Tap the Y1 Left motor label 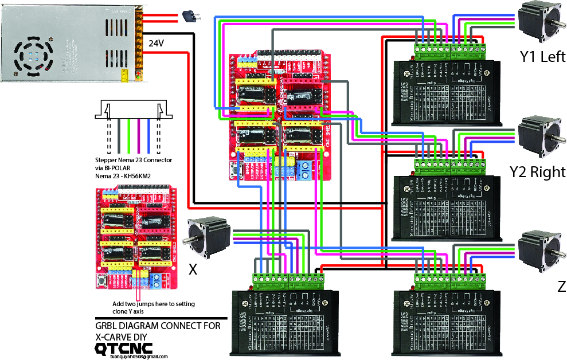point(542,56)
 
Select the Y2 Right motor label point(537,171)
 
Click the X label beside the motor point(193,269)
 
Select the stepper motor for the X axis point(208,236)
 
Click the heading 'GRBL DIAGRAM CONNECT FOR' point(158,326)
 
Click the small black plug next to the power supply point(189,17)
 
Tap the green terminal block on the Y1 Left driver point(449,50)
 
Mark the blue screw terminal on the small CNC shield point(155,281)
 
